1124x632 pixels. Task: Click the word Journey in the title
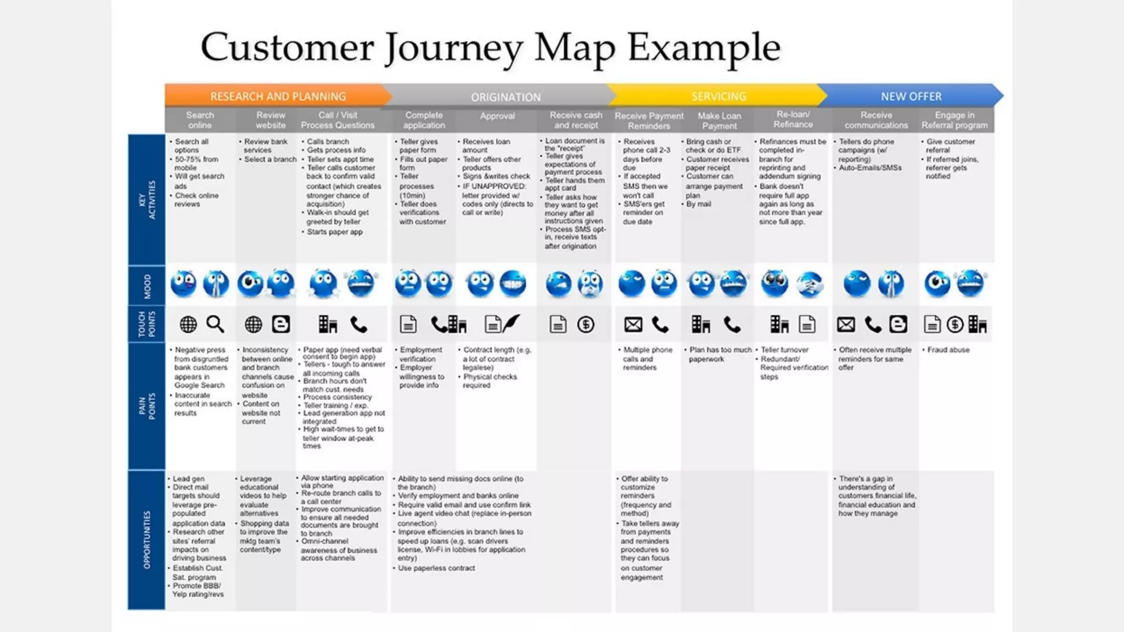point(453,48)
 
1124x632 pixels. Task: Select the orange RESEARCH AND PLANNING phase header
point(278,97)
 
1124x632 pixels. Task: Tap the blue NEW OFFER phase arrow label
point(911,97)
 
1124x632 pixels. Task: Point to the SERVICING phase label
point(718,97)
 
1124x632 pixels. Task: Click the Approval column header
point(497,116)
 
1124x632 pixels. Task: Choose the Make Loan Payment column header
point(719,121)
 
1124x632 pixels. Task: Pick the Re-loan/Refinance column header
point(793,120)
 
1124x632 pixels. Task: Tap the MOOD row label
point(147,286)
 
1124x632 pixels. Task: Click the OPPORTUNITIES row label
point(147,540)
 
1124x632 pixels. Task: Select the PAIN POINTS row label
point(147,406)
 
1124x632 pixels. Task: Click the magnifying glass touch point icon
point(215,324)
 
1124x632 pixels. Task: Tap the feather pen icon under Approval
point(510,323)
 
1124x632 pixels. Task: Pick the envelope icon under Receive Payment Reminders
point(633,325)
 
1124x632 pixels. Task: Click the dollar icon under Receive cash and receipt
point(586,325)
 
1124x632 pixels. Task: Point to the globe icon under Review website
point(253,325)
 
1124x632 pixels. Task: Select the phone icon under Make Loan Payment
point(732,325)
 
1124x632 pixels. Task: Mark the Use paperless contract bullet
point(436,568)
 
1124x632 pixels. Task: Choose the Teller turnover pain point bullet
point(784,350)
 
